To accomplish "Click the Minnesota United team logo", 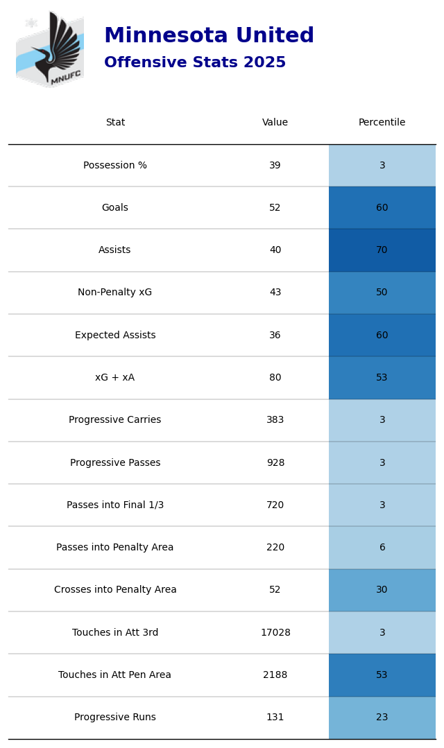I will tap(50, 49).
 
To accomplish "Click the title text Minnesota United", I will tap(209, 36).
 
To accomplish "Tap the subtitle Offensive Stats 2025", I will tap(195, 63).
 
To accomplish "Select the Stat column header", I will tap(115, 123).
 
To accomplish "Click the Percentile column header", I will tap(382, 123).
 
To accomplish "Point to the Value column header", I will tap(275, 123).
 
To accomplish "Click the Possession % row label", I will tap(115, 166).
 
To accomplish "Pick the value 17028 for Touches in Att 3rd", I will tap(275, 633).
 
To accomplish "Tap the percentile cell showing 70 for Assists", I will tap(382, 250).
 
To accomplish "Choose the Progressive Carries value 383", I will tap(275, 420).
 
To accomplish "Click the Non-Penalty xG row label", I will tap(115, 293).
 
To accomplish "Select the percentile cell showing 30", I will tap(382, 590).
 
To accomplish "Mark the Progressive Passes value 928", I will tap(275, 463).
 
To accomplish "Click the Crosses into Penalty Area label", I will tap(115, 590).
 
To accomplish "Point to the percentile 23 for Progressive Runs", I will tap(382, 717).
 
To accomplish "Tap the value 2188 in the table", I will tap(275, 675).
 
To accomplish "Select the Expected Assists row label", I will tap(115, 336).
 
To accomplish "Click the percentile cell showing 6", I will tap(382, 548).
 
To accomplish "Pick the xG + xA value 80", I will tap(275, 378).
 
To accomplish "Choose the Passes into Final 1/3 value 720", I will tap(275, 505).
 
